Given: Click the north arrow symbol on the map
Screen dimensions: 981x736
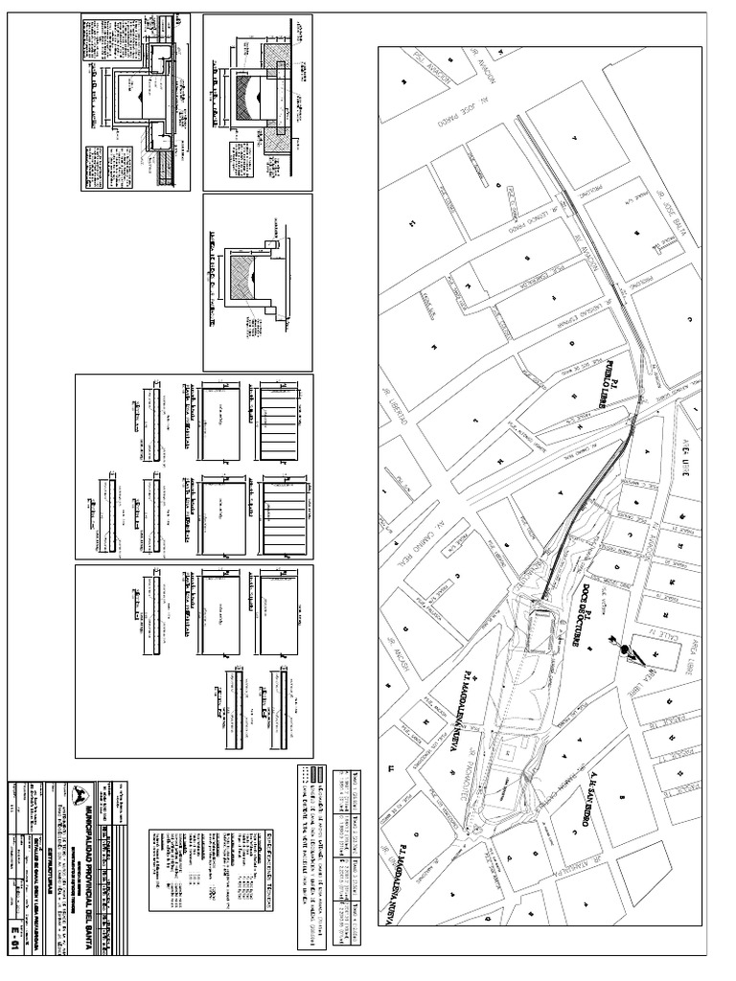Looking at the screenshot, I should pos(631,652).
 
